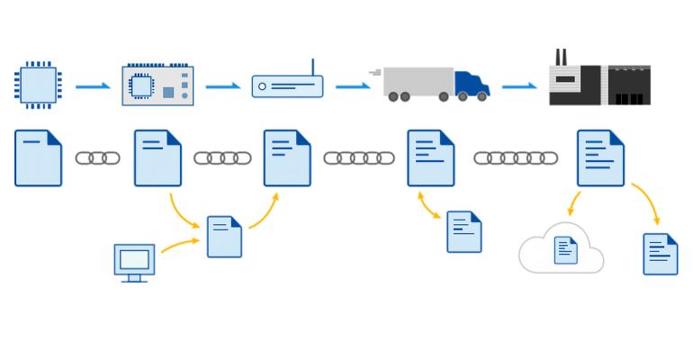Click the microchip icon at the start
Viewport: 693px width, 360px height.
[x=38, y=85]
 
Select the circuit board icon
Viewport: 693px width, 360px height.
[x=157, y=85]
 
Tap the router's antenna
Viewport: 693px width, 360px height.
[x=312, y=68]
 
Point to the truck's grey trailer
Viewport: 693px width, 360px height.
[x=418, y=81]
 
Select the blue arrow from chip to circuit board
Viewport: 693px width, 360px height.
[x=93, y=86]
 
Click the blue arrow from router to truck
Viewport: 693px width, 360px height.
[x=353, y=86]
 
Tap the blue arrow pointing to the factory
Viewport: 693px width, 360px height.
[x=519, y=86]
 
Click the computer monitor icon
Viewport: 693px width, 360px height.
[x=134, y=261]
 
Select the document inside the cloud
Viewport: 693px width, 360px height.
[x=565, y=249]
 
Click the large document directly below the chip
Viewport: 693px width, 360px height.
[x=38, y=158]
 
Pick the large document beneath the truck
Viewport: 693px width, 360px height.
[x=430, y=158]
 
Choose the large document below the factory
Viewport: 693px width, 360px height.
[x=600, y=158]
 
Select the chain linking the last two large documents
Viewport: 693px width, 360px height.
[x=516, y=158]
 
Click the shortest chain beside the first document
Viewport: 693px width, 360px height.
[x=97, y=158]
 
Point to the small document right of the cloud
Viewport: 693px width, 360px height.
[x=660, y=254]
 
